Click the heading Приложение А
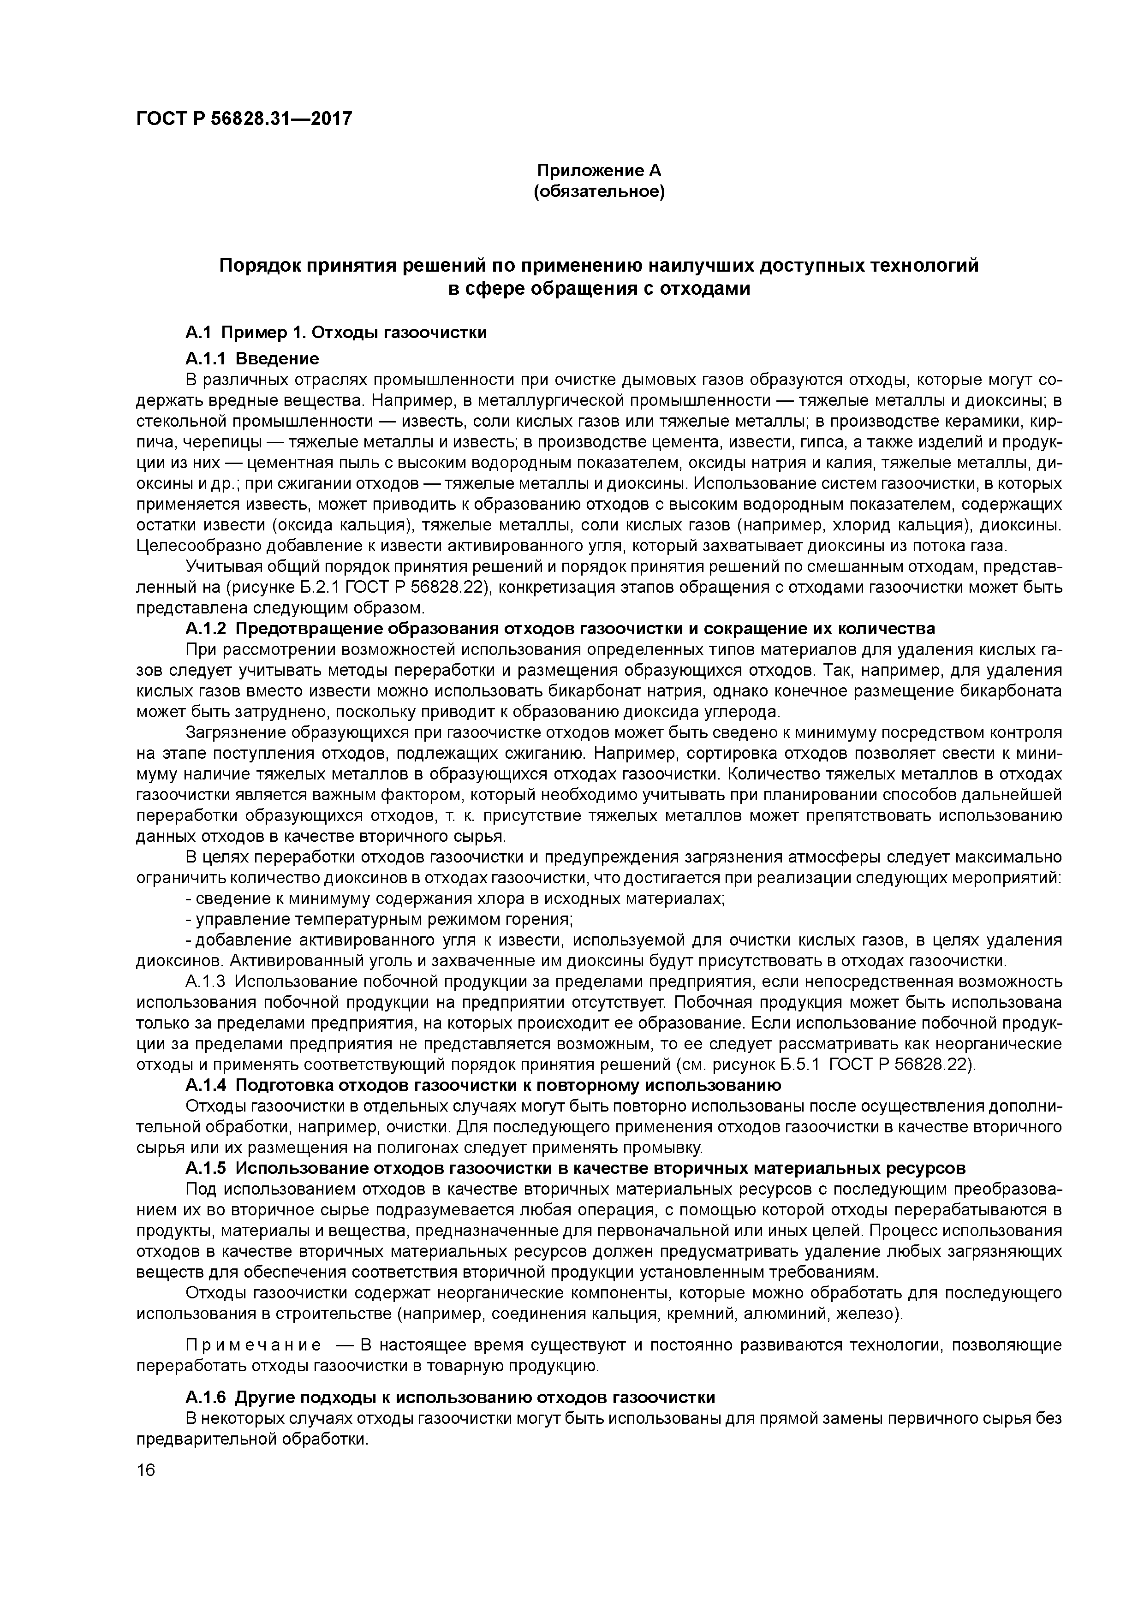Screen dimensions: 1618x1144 click(599, 171)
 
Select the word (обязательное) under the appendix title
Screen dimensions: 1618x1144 click(599, 192)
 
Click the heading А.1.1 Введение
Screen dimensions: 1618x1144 click(252, 359)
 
